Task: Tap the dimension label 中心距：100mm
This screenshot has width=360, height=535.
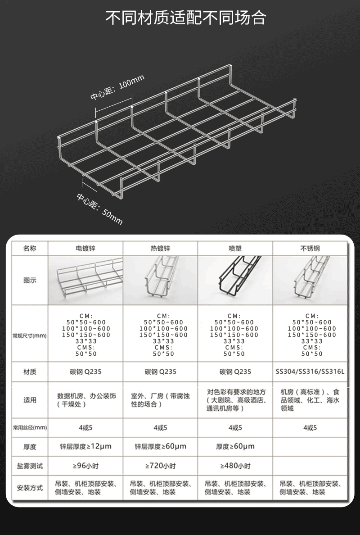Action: click(x=117, y=87)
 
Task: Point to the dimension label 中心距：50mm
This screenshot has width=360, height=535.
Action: click(x=99, y=209)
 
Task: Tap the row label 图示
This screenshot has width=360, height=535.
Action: click(x=30, y=281)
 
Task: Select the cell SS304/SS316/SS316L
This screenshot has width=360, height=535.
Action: click(x=310, y=372)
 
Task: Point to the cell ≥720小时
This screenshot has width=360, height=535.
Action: click(x=160, y=466)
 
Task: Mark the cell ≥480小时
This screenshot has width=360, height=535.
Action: click(x=235, y=466)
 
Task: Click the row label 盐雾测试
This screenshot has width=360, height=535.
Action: click(x=30, y=466)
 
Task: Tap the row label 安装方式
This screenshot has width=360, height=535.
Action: click(x=30, y=488)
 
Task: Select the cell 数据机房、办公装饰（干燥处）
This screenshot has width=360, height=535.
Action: click(x=86, y=400)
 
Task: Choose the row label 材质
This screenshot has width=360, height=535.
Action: click(x=30, y=372)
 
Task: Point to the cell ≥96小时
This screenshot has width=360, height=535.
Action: click(x=85, y=466)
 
